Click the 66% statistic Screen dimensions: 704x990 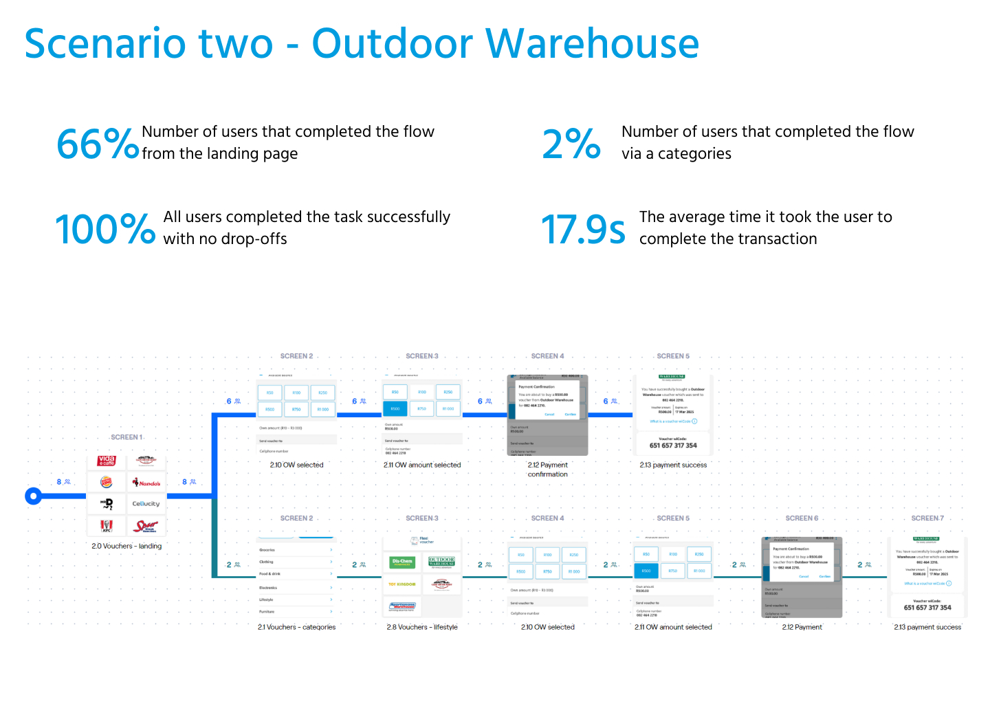(x=97, y=144)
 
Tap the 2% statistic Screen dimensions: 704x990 (x=571, y=144)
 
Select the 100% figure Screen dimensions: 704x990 (x=105, y=229)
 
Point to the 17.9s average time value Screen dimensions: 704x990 (x=583, y=229)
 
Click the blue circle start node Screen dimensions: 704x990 (x=33, y=496)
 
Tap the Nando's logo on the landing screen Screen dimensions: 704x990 (x=146, y=483)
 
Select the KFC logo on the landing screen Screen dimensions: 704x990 (x=107, y=527)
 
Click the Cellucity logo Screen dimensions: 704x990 (x=146, y=504)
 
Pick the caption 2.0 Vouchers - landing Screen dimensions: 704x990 (x=126, y=546)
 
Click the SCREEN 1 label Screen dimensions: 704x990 (x=126, y=437)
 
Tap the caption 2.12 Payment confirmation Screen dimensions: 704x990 (x=548, y=470)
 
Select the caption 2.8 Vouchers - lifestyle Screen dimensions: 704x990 (x=422, y=627)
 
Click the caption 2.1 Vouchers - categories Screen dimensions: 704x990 (x=296, y=627)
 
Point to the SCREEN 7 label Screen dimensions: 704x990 (x=927, y=518)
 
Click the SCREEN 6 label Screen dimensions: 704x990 (x=802, y=518)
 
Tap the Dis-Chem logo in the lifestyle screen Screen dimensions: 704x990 (x=402, y=562)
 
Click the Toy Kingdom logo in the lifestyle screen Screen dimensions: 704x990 (x=402, y=584)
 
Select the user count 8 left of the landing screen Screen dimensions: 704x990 (x=59, y=482)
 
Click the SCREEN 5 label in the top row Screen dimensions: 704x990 (x=673, y=356)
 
